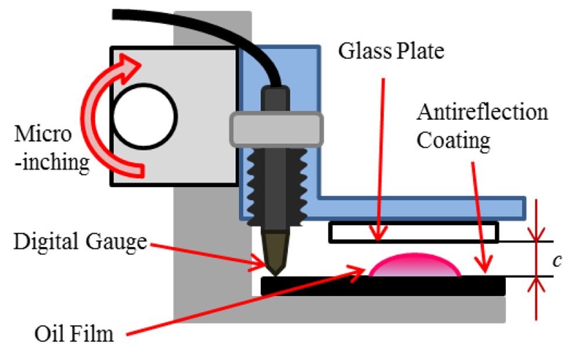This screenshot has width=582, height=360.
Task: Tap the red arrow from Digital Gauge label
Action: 210,253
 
